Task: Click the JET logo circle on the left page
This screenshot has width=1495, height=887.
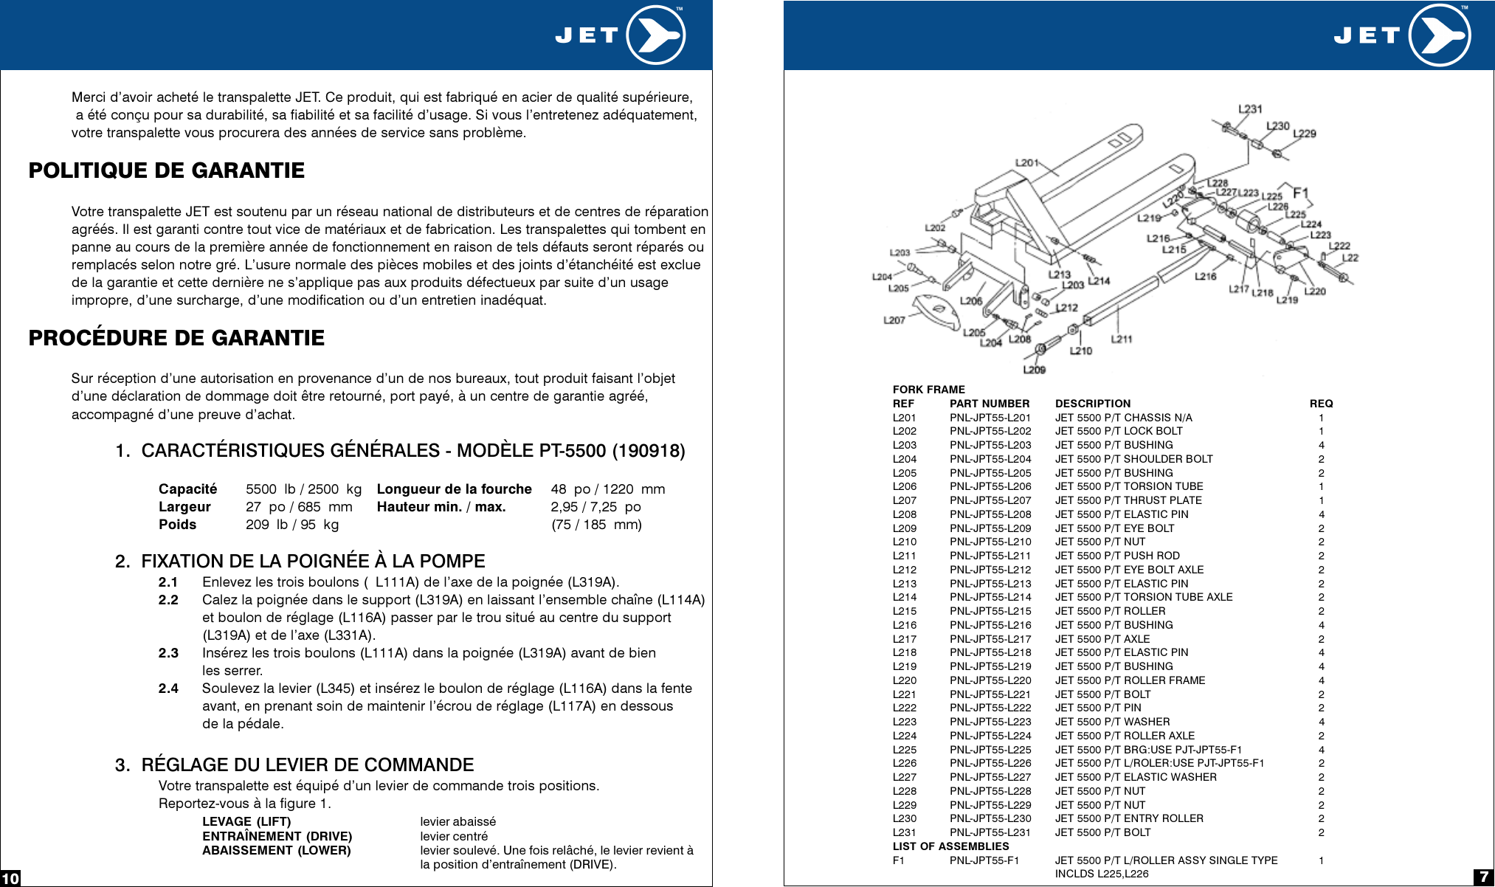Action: pos(655,35)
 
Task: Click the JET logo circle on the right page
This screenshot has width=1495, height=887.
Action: pos(1440,35)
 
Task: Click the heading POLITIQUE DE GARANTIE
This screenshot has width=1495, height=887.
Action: pos(166,170)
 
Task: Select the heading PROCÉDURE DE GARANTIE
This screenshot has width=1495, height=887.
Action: pos(176,338)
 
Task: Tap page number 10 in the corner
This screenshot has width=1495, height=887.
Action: pos(10,878)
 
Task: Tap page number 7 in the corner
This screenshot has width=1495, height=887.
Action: pos(1483,877)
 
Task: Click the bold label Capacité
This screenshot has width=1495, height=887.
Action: pos(187,489)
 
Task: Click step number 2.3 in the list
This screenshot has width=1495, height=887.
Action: pos(168,653)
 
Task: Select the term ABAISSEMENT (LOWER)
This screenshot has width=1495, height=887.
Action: pos(276,850)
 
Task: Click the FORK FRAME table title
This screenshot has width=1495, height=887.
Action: pos(928,390)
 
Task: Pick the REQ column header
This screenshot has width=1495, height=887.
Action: pos(1321,404)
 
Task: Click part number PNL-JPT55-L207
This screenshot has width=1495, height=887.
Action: pos(990,500)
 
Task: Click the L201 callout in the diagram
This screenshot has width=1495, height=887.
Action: pos(1026,162)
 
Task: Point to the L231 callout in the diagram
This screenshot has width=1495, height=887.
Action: pos(1249,108)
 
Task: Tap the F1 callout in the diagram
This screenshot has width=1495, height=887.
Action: pos(1300,193)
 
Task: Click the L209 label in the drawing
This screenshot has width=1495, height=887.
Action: pos(1034,369)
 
